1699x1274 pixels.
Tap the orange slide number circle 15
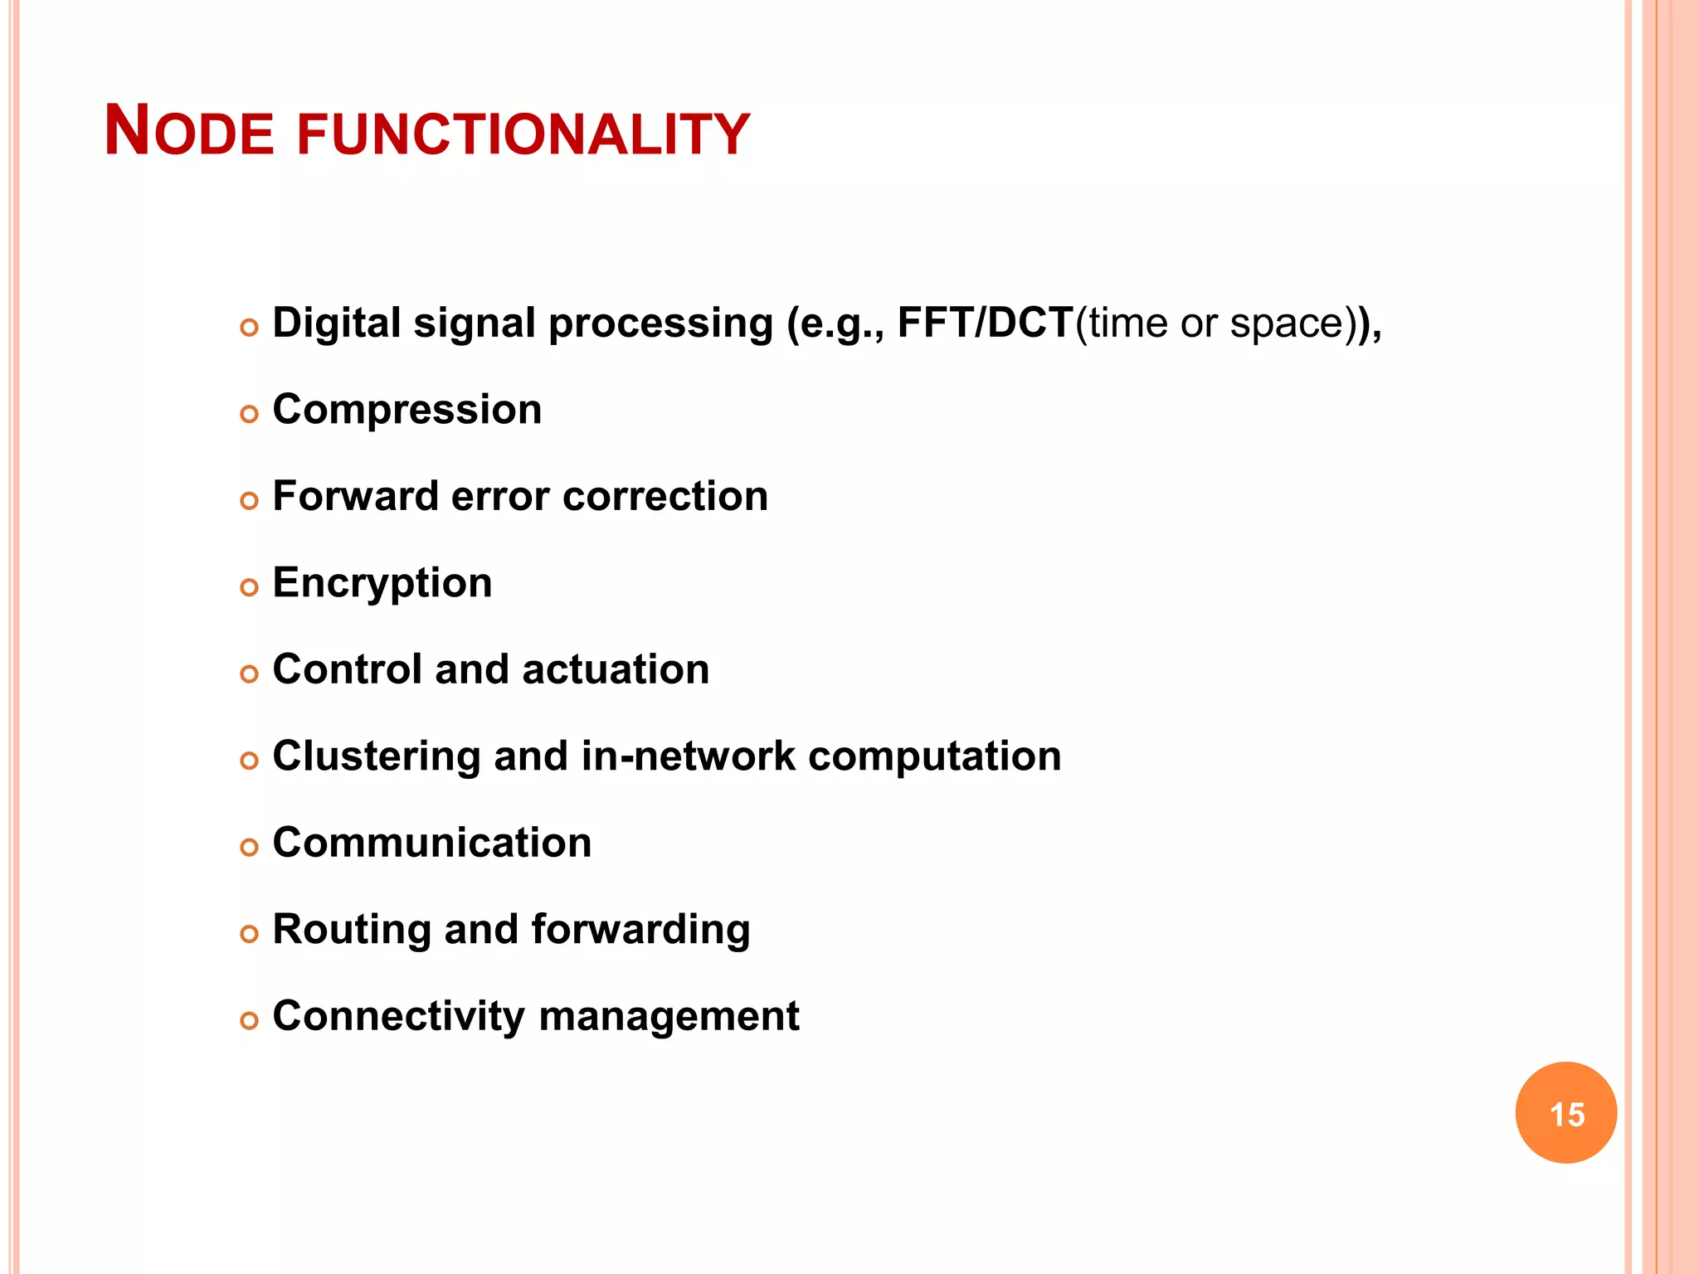(x=1565, y=1112)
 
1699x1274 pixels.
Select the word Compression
(x=406, y=410)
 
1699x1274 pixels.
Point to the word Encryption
(x=382, y=583)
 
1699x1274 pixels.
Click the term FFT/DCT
(x=986, y=323)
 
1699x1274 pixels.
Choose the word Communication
(x=431, y=843)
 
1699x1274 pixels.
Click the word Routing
(x=351, y=930)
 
